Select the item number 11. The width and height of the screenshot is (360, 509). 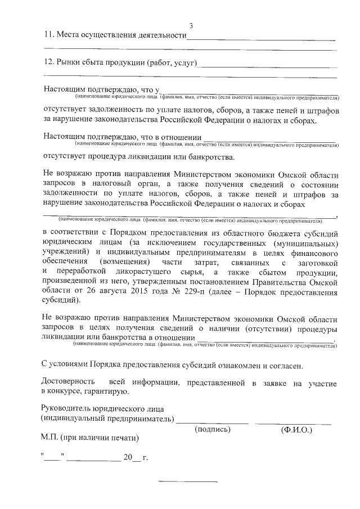click(48, 36)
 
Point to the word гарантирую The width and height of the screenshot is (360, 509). click(109, 393)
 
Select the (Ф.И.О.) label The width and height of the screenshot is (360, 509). click(296, 429)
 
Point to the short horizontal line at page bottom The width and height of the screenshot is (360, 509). click(188, 482)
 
